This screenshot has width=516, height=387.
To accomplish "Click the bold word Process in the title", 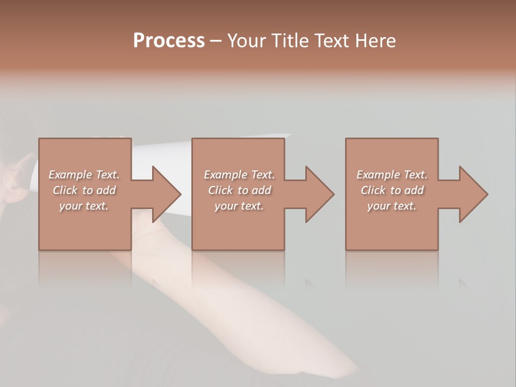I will tap(169, 40).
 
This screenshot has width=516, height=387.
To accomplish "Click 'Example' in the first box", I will tap(70, 175).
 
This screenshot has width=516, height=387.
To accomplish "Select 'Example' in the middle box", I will tap(225, 175).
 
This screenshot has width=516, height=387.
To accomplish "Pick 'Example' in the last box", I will tap(378, 175).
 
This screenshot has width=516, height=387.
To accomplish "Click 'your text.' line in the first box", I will tap(84, 206).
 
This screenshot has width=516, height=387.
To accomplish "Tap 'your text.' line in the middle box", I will tap(239, 206).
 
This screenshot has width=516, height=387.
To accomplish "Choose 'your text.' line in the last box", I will tap(392, 206).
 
